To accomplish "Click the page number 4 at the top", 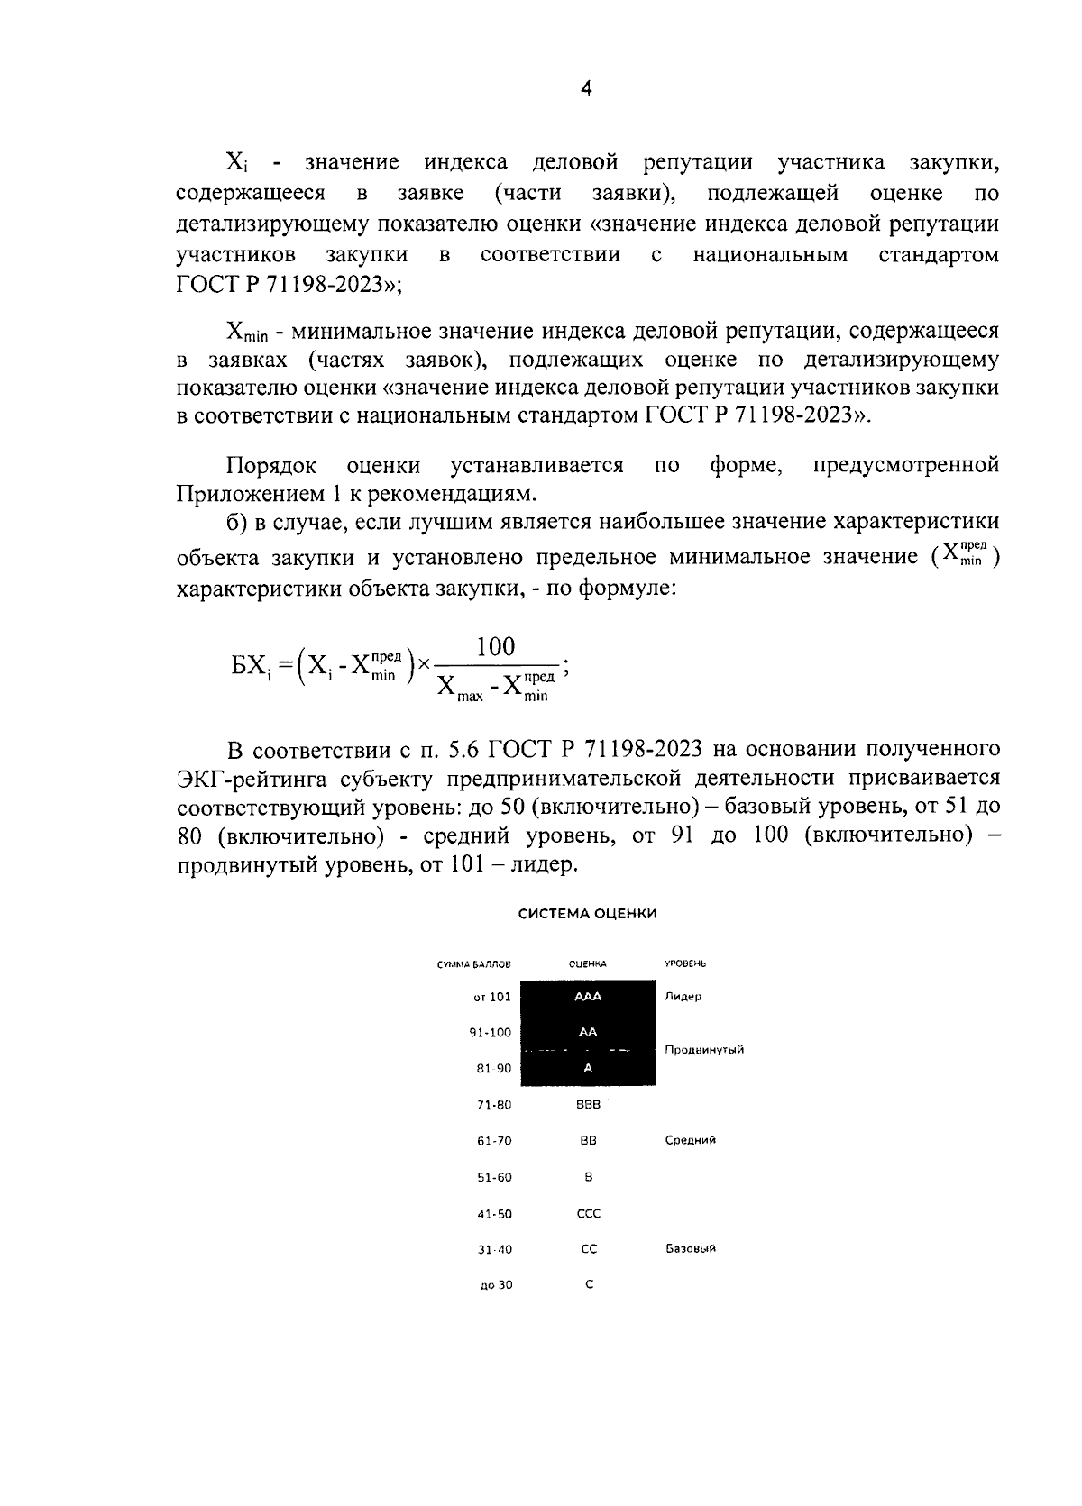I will pyautogui.click(x=585, y=88).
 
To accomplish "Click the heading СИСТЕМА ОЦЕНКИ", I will pyautogui.click(x=587, y=913).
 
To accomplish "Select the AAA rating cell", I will pyautogui.click(x=588, y=997).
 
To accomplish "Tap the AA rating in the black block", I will pyautogui.click(x=588, y=1033).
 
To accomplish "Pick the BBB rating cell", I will pyautogui.click(x=588, y=1104).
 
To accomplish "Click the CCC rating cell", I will pyautogui.click(x=588, y=1213).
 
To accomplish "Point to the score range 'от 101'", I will pyautogui.click(x=492, y=997).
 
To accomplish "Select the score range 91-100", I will pyautogui.click(x=490, y=1033).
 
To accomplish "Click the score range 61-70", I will pyautogui.click(x=494, y=1141).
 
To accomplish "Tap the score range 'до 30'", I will pyautogui.click(x=496, y=1285).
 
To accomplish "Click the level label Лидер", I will pyautogui.click(x=683, y=997).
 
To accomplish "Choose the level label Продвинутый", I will pyautogui.click(x=703, y=1050).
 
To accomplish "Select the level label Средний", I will pyautogui.click(x=690, y=1140).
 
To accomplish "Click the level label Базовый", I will pyautogui.click(x=690, y=1249).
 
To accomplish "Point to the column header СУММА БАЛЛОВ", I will pyautogui.click(x=473, y=963).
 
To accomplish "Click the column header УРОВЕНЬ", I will pyautogui.click(x=684, y=963).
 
